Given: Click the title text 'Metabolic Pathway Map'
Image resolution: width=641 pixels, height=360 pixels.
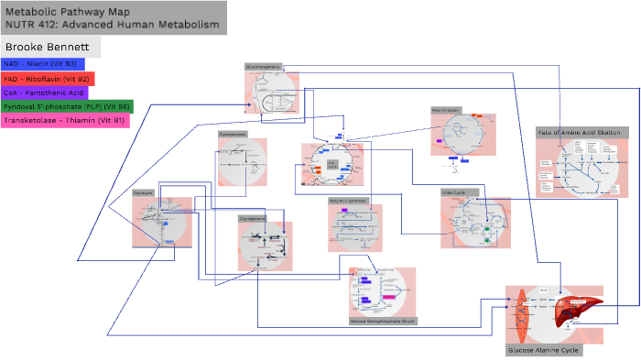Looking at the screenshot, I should (60, 11).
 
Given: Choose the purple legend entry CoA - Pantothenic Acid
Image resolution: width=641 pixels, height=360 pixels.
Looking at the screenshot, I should (44, 93).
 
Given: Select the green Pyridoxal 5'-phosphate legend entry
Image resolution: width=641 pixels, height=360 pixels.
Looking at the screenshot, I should (66, 106).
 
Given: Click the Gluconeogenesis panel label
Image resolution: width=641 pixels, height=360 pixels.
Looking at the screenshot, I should (264, 67).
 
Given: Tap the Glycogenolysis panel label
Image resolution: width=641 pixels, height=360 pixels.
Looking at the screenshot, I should (233, 134).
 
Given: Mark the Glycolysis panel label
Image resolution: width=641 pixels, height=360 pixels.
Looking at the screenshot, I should (144, 193).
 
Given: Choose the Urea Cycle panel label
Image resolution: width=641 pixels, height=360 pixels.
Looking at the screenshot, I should (454, 192).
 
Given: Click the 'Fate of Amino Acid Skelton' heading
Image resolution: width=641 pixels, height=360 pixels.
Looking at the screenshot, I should (579, 133).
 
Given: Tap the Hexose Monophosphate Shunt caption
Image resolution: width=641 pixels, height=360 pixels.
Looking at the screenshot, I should (382, 322).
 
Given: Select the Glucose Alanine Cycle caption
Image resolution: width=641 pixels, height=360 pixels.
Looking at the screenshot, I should (543, 350).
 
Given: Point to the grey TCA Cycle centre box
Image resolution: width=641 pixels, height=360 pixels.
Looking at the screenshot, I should (332, 164).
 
